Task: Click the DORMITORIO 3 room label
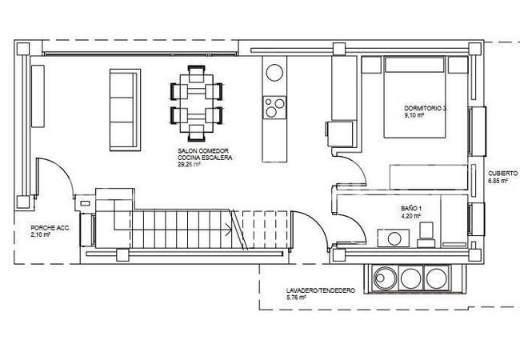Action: click(x=425, y=108)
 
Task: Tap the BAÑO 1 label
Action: click(x=411, y=209)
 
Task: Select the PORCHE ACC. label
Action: click(x=50, y=228)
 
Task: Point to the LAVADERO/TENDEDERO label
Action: click(x=320, y=290)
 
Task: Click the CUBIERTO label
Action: click(x=502, y=174)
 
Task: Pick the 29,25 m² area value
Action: click(x=189, y=165)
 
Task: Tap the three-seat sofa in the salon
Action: click(x=125, y=110)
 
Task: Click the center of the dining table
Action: click(x=196, y=103)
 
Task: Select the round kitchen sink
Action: click(x=274, y=72)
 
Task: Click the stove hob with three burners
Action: click(x=274, y=108)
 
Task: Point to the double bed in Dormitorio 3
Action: click(x=414, y=97)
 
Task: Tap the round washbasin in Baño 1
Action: click(x=394, y=238)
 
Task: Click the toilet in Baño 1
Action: click(x=426, y=234)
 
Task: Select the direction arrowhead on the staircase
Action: click(x=229, y=230)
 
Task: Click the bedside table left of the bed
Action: click(x=371, y=65)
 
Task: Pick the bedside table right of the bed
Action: click(x=458, y=65)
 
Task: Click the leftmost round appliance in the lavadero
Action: click(x=384, y=278)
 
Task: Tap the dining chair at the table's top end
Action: click(x=196, y=74)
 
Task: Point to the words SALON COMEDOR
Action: click(x=203, y=151)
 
